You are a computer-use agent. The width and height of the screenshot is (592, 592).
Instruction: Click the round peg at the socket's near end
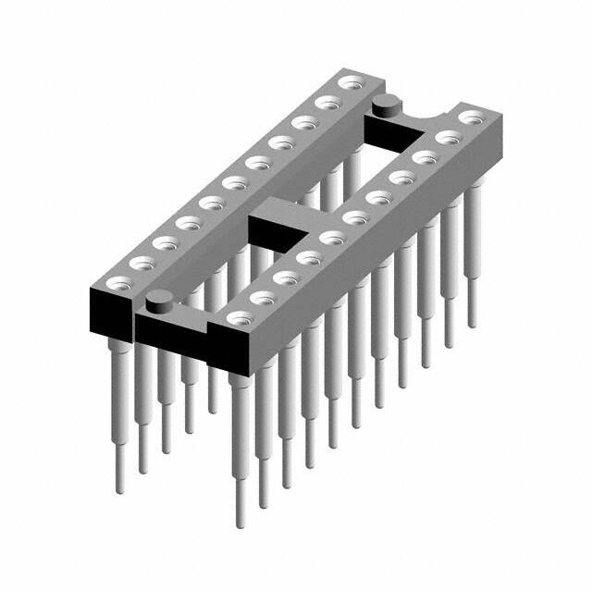pos(160,299)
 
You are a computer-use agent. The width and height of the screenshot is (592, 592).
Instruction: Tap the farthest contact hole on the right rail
pos(472,117)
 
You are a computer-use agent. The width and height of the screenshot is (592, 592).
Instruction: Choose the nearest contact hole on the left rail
pos(117,281)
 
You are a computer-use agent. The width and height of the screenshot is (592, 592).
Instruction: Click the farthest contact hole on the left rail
pos(350,83)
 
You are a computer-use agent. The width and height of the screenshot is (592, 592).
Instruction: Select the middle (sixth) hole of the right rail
pos(355,217)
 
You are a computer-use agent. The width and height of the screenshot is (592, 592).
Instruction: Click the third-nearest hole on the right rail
pos(287,277)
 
